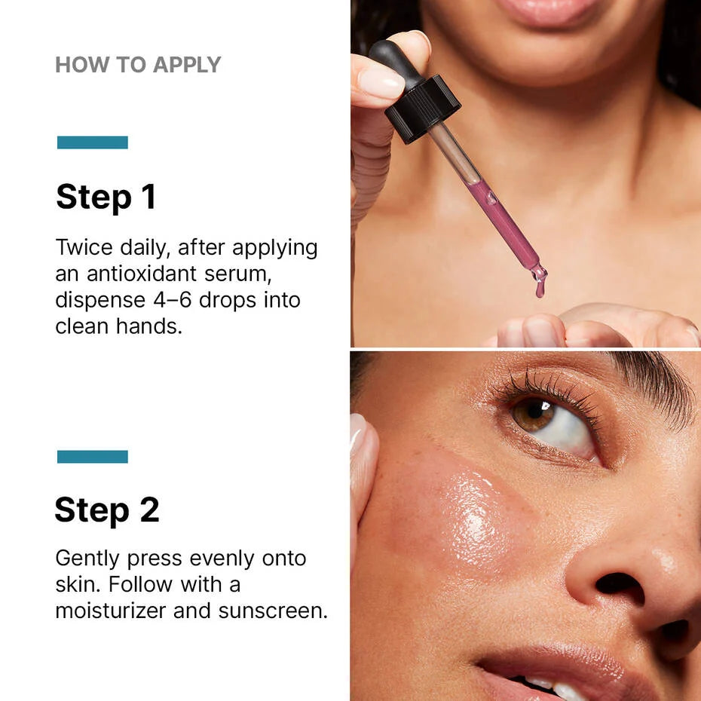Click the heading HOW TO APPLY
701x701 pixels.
pyautogui.click(x=138, y=65)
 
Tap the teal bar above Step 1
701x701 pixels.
pyautogui.click(x=93, y=142)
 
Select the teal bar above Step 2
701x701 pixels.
pyautogui.click(x=93, y=457)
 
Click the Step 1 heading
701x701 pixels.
pyautogui.click(x=106, y=197)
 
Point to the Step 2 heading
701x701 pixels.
pyautogui.click(x=107, y=510)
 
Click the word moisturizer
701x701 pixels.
pyautogui.click(x=111, y=611)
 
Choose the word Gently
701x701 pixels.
pyautogui.click(x=87, y=559)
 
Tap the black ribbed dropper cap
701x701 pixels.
pyautogui.click(x=422, y=107)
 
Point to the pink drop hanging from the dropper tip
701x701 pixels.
pyautogui.click(x=540, y=287)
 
